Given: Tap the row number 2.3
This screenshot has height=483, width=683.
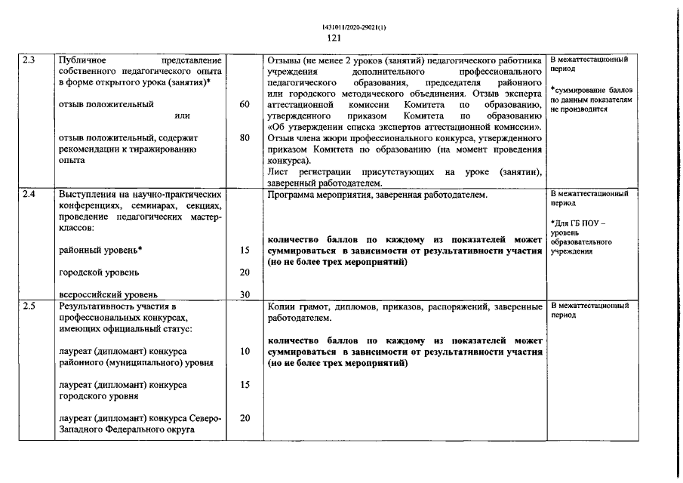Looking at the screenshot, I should (x=29, y=60).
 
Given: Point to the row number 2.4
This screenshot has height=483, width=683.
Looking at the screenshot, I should (x=29, y=195).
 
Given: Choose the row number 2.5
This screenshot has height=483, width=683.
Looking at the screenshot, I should (x=29, y=306).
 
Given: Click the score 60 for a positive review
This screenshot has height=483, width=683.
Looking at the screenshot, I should (x=244, y=104).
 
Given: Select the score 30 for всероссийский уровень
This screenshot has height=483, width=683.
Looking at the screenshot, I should (x=244, y=294).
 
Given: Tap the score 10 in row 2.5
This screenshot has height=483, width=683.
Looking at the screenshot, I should (x=244, y=351).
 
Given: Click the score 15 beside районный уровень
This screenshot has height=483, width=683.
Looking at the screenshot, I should (x=244, y=250).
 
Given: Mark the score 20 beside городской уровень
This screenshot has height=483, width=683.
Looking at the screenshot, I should (x=244, y=272).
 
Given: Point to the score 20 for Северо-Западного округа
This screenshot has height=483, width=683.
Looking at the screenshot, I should (x=244, y=418).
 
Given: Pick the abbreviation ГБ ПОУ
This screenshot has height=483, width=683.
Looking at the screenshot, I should (x=589, y=223).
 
